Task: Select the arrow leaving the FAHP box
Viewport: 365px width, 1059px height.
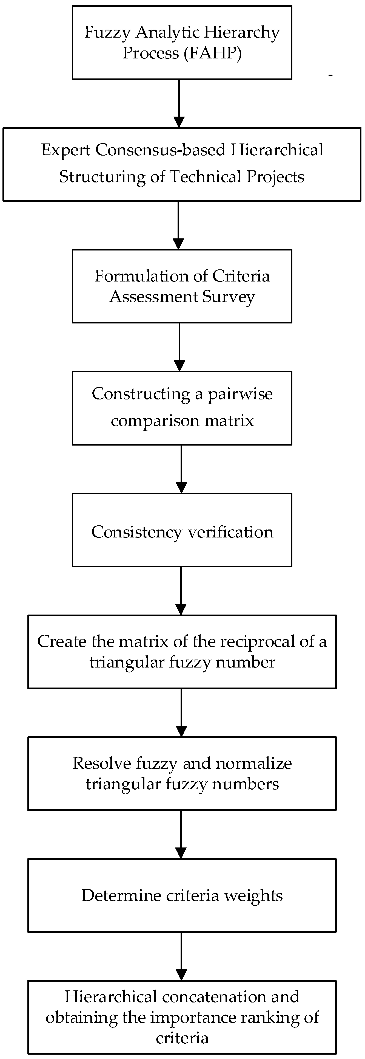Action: click(179, 103)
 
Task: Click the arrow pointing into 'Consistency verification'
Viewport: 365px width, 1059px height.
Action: click(181, 469)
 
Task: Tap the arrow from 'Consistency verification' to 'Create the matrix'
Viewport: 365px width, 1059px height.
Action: click(181, 590)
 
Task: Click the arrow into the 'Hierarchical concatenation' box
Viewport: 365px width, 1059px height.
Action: click(181, 956)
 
